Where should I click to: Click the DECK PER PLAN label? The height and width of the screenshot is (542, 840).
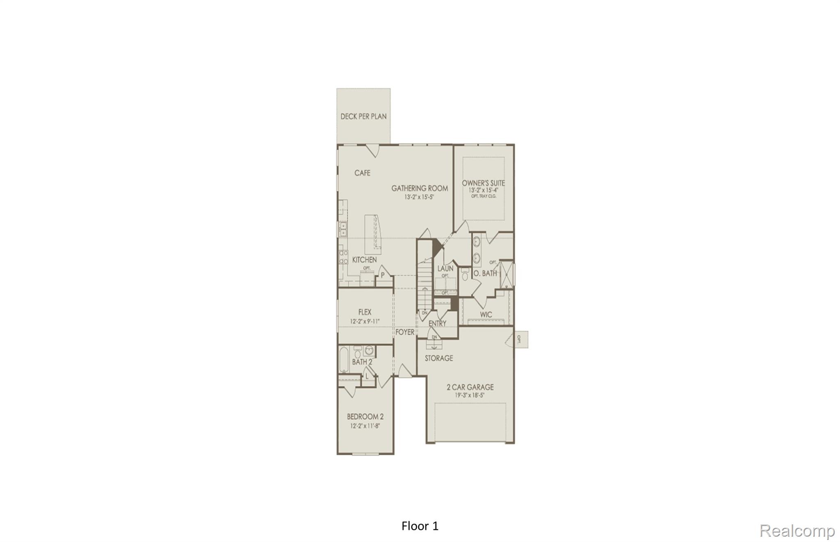tap(363, 117)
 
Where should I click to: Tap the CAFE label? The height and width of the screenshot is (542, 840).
tap(362, 173)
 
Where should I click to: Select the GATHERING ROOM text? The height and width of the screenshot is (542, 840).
tap(420, 188)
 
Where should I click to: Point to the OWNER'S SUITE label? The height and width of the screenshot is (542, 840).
tap(483, 183)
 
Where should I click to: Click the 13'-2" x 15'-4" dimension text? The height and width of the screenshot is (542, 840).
tap(483, 190)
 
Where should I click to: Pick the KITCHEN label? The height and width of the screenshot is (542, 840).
tap(364, 260)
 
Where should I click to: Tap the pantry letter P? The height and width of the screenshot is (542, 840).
tap(383, 275)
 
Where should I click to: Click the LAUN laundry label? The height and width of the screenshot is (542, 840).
tap(445, 268)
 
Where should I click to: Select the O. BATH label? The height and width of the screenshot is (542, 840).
tap(485, 273)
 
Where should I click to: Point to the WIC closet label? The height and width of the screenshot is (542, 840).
tap(486, 315)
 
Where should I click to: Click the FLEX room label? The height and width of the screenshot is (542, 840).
tap(365, 312)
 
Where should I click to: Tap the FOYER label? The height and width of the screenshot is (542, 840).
tap(405, 332)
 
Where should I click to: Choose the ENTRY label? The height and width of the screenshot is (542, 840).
tap(437, 324)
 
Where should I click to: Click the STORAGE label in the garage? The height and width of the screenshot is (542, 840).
tap(439, 358)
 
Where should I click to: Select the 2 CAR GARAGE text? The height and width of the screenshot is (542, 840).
tap(470, 387)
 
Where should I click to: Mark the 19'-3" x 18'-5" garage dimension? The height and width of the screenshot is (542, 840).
tap(470, 396)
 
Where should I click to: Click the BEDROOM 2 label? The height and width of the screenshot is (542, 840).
tap(365, 417)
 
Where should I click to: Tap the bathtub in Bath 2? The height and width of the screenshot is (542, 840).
tap(344, 360)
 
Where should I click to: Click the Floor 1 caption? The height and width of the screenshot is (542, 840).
tap(420, 526)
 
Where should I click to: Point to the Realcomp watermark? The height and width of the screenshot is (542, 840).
tap(797, 531)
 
